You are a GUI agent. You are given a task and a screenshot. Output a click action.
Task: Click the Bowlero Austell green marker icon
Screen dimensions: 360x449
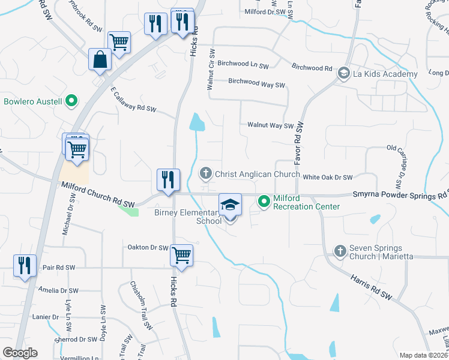point(71,101)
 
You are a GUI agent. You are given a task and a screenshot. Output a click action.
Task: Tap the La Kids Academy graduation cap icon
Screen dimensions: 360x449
point(343,74)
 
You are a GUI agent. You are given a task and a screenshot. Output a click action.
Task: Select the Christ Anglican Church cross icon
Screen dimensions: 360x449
point(205,174)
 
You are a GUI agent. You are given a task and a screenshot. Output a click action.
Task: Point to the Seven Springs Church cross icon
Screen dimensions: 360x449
point(340,251)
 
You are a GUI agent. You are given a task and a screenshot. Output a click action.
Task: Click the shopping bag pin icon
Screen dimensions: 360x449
point(99,60)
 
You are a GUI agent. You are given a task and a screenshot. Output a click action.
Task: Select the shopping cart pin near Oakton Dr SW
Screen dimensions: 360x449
point(181,256)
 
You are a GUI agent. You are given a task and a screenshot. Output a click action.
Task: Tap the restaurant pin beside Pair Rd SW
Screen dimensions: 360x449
point(25,266)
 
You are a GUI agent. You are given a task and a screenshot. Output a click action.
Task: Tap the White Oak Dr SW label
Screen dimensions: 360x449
point(327,177)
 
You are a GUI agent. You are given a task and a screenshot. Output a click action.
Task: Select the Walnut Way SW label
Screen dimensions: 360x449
point(270,125)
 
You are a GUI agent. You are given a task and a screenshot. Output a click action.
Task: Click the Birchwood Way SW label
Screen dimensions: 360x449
point(256,84)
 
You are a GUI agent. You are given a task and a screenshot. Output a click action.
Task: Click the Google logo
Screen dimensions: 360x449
point(20,353)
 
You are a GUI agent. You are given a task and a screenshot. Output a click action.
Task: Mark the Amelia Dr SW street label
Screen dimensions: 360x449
point(58,290)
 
